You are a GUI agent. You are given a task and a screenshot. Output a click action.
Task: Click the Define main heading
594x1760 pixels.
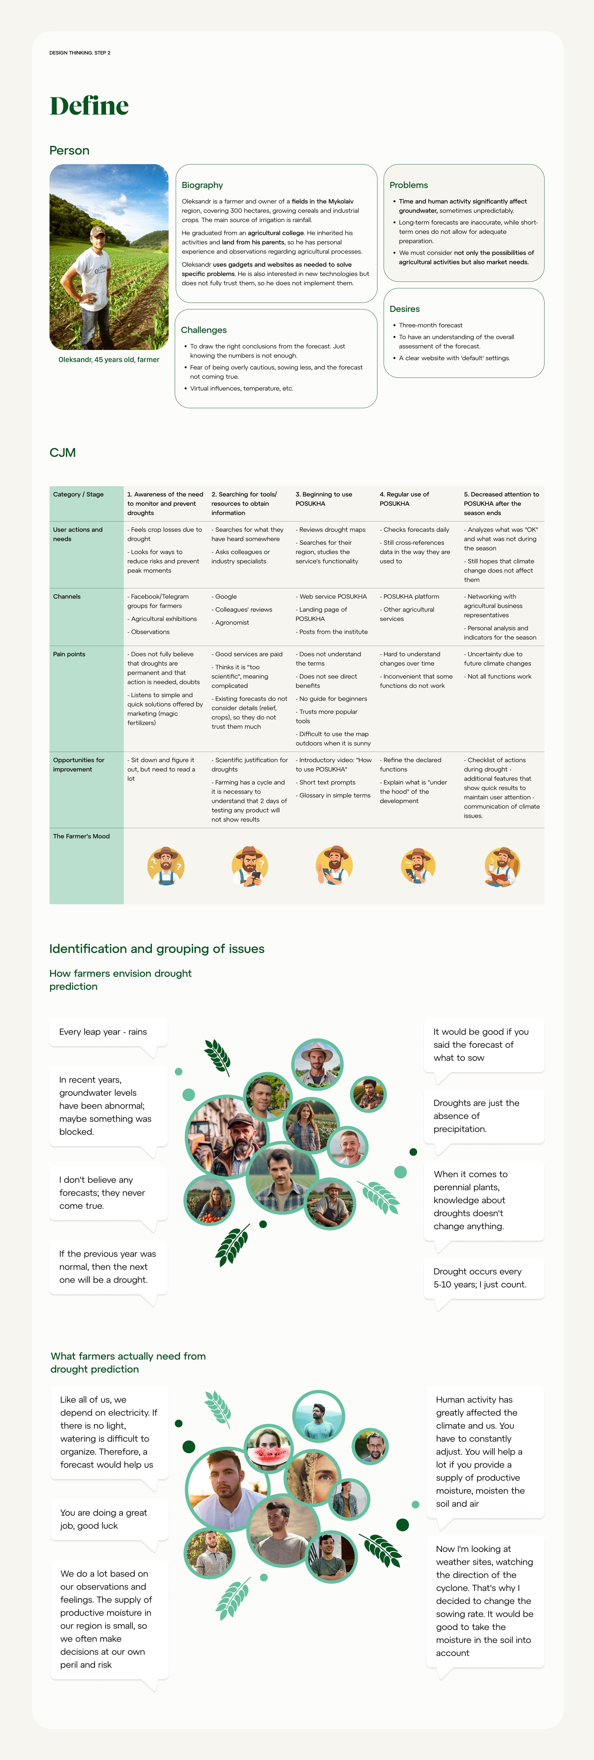pyautogui.click(x=89, y=106)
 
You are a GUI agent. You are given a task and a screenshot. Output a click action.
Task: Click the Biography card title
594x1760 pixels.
pyautogui.click(x=202, y=185)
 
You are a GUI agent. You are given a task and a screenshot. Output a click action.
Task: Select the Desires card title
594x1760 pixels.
pyautogui.click(x=404, y=309)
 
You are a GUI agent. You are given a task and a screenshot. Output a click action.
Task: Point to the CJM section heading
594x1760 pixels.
pyautogui.click(x=62, y=452)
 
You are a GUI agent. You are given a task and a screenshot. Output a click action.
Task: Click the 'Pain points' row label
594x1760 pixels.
pyautogui.click(x=69, y=654)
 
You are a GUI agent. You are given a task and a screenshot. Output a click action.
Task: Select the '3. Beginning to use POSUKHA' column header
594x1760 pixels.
pyautogui.click(x=324, y=499)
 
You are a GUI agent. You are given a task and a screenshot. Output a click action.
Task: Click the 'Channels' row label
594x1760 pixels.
pyautogui.click(x=67, y=596)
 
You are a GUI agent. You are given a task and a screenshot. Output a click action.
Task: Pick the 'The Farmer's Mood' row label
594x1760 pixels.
pyautogui.click(x=81, y=836)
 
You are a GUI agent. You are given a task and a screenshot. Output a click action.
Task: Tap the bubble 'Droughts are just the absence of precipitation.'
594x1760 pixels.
pyautogui.click(x=483, y=1116)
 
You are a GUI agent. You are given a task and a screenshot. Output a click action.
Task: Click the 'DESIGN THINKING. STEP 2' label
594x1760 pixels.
pyautogui.click(x=80, y=53)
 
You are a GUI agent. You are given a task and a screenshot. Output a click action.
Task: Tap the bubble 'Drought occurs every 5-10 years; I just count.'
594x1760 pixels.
pyautogui.click(x=483, y=1277)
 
